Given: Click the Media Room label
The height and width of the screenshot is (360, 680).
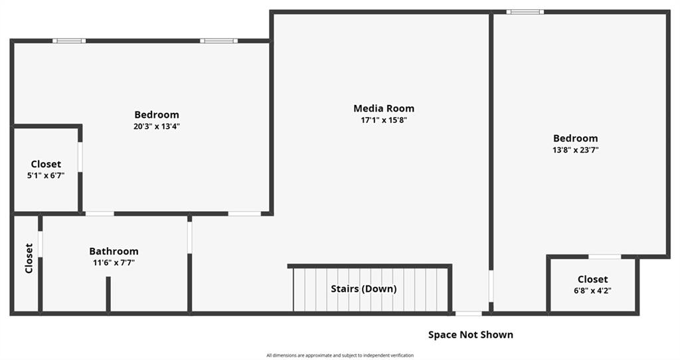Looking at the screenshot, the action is [x=384, y=108].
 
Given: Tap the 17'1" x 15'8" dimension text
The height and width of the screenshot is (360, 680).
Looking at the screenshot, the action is [x=384, y=120].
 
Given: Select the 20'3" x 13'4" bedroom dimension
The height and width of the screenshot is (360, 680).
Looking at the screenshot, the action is [x=157, y=127].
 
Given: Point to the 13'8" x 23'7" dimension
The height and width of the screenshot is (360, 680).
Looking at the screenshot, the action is [x=576, y=150].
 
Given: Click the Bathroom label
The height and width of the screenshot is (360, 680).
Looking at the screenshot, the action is [x=114, y=251].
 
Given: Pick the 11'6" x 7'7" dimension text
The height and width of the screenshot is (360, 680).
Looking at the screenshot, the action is [x=114, y=262].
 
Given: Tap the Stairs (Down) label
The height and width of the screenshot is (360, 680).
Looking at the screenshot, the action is [x=363, y=289].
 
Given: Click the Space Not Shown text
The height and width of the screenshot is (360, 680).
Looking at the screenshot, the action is [x=471, y=335].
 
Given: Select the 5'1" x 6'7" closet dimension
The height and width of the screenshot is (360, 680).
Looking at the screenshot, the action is [x=46, y=175].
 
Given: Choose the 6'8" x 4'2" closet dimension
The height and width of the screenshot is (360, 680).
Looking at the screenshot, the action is [x=592, y=291].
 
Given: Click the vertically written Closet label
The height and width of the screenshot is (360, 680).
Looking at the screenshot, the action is [x=29, y=258].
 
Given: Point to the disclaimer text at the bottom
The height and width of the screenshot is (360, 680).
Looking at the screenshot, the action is [x=340, y=355].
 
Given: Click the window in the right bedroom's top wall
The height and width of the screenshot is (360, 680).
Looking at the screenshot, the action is [x=525, y=12].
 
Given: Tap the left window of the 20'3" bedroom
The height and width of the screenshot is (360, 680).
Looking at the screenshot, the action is [x=69, y=41].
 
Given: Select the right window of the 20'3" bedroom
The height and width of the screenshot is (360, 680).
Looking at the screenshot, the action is [x=218, y=41].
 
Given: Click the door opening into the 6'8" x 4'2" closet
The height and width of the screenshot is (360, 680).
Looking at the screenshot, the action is [x=604, y=257].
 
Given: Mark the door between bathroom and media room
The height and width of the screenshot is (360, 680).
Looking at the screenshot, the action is [x=189, y=238].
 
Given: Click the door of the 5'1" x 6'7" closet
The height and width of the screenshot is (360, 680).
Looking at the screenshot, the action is [x=80, y=157].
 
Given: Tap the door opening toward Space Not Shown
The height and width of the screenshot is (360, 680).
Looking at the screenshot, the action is [x=468, y=313].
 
